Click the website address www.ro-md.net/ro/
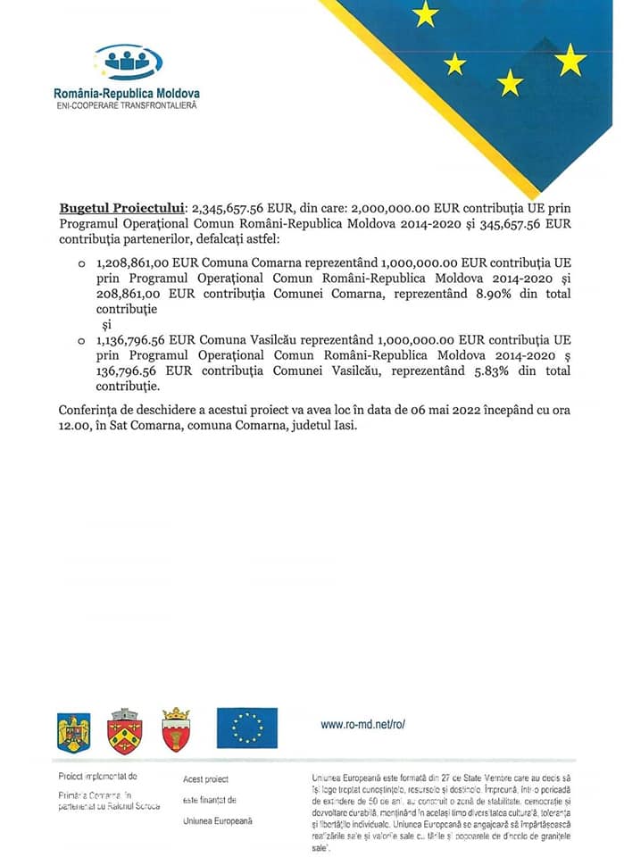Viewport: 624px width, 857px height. [362, 725]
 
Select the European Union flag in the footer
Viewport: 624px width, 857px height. [246, 728]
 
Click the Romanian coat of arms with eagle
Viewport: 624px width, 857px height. [74, 731]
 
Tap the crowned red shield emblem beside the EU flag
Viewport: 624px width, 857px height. [176, 729]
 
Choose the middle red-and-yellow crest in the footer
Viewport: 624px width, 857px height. [124, 731]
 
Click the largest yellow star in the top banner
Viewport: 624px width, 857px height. [570, 60]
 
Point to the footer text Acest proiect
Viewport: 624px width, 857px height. [205, 779]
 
